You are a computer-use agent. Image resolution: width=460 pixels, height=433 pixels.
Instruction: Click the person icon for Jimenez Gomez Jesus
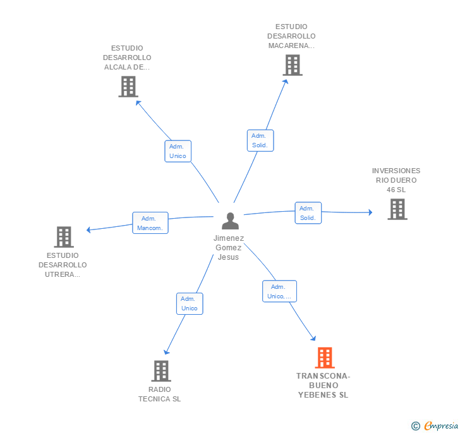(230, 221)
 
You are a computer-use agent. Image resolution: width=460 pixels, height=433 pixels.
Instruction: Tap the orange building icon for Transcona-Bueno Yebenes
(325, 358)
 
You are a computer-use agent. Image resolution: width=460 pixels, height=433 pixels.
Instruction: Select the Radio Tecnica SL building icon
(161, 371)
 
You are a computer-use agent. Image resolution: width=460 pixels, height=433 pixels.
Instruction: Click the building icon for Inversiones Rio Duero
(397, 209)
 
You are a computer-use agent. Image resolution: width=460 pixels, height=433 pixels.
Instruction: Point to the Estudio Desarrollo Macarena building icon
(293, 65)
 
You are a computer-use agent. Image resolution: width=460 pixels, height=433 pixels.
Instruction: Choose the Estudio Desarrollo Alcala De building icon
(128, 87)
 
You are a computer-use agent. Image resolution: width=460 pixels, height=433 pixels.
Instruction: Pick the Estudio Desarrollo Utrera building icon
(64, 237)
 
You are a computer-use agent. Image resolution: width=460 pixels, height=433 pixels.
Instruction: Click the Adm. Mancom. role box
(150, 223)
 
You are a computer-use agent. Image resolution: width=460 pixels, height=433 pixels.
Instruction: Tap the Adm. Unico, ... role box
(279, 291)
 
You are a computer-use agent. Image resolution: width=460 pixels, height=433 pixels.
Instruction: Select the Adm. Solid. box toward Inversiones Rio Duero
(308, 213)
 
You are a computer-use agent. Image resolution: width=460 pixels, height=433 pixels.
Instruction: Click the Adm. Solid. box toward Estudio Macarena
(260, 140)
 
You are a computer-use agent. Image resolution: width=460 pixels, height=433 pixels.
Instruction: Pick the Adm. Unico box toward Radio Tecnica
(190, 304)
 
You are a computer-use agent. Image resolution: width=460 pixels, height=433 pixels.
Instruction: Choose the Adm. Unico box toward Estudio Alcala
(178, 151)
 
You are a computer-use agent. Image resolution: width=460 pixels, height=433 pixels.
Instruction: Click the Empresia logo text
(441, 425)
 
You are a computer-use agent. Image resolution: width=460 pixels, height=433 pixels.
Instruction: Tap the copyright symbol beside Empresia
(415, 426)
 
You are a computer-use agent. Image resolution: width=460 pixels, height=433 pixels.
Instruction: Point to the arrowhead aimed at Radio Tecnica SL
(166, 351)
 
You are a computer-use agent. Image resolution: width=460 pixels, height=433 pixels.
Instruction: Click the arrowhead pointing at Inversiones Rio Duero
(370, 212)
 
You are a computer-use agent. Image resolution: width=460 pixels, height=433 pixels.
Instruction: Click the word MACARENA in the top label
(288, 46)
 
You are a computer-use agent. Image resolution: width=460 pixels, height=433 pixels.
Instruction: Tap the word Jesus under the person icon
(228, 257)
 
